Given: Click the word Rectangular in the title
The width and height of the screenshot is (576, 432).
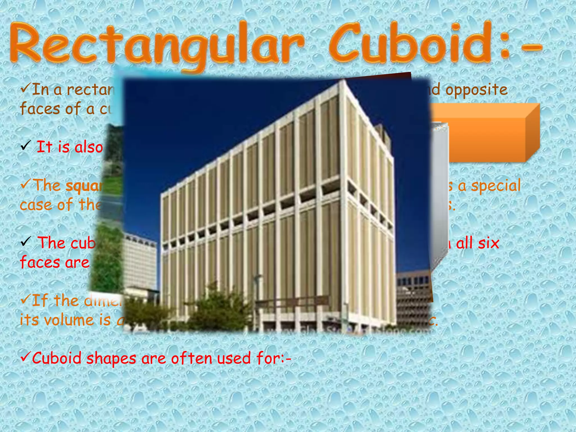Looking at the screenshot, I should tap(156, 45).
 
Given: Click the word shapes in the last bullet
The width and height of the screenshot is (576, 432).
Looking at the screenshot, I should tap(111, 359).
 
